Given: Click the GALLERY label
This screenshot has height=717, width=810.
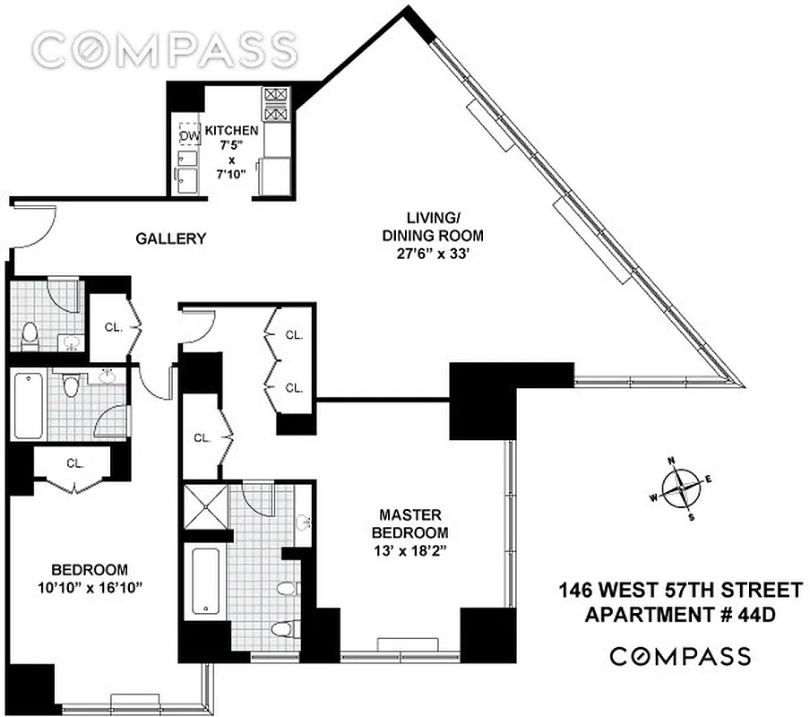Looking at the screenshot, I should (171, 238).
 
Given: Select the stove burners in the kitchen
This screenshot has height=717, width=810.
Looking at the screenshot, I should (275, 104).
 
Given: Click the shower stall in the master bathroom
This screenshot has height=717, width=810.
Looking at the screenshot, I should (206, 509).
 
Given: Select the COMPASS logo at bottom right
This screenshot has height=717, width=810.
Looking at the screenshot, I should (680, 656).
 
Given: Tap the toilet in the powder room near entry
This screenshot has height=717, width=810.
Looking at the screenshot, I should (30, 334).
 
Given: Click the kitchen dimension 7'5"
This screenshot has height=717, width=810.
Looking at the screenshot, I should (231, 145).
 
